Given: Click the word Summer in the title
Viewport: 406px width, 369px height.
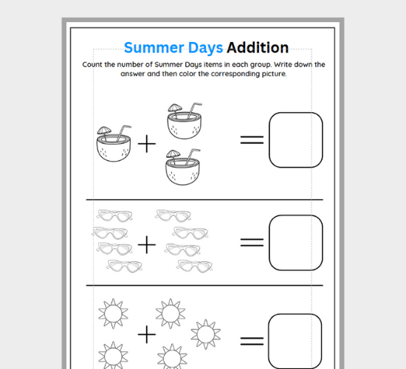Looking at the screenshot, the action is pyautogui.click(x=152, y=48).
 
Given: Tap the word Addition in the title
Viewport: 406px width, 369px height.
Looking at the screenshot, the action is pyautogui.click(x=258, y=48).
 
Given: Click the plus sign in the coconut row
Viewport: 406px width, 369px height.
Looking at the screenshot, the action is pyautogui.click(x=148, y=144).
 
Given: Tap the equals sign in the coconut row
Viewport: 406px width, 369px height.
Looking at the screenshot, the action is pyautogui.click(x=252, y=140).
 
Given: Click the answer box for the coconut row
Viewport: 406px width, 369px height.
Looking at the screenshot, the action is pyautogui.click(x=295, y=139).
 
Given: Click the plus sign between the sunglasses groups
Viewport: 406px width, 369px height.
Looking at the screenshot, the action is pyautogui.click(x=148, y=243).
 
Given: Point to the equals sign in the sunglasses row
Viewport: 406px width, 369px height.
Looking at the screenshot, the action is pyautogui.click(x=252, y=241).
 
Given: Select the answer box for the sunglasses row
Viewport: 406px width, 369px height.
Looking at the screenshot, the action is pyautogui.click(x=295, y=241).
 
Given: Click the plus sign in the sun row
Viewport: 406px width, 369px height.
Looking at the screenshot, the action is pyautogui.click(x=148, y=335).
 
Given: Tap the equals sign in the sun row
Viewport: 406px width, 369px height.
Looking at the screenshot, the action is pyautogui.click(x=252, y=340).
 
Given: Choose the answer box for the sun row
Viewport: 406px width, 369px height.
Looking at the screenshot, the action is pyautogui.click(x=295, y=341).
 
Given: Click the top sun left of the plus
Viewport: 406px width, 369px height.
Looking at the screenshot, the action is pyautogui.click(x=112, y=314).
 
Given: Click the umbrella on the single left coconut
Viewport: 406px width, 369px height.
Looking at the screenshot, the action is pyautogui.click(x=104, y=131).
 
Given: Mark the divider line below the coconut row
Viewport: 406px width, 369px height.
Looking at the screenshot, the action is pyautogui.click(x=204, y=199).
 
